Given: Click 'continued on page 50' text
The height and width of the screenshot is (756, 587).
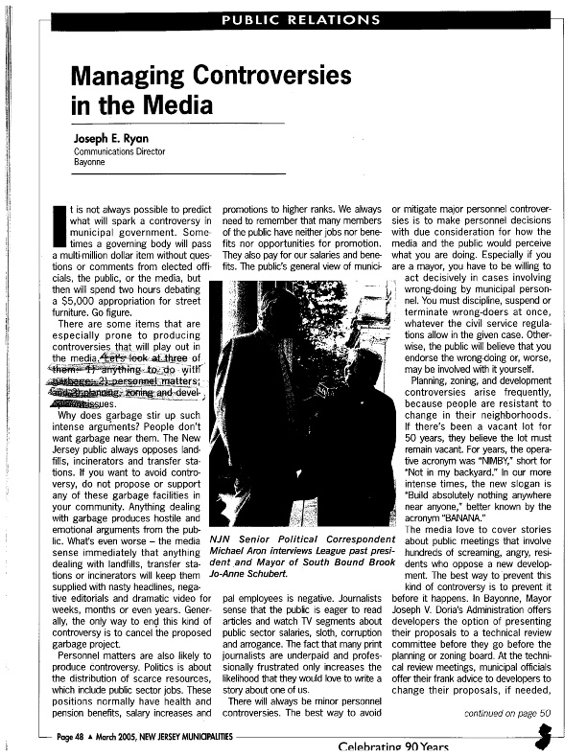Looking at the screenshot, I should pyautogui.click(x=506, y=712).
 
